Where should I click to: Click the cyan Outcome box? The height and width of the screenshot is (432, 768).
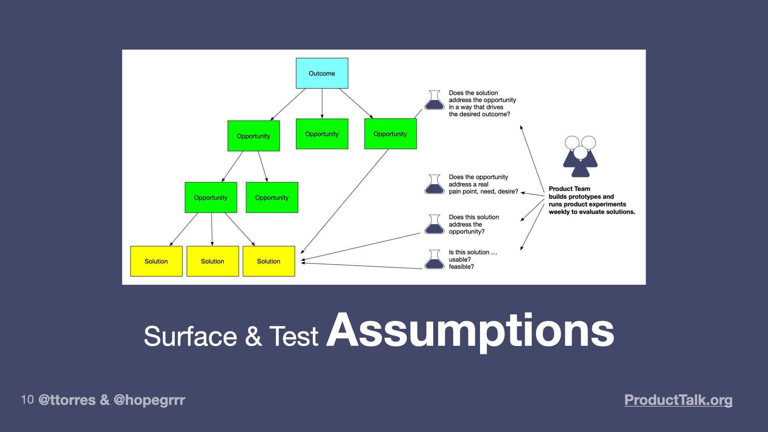322,73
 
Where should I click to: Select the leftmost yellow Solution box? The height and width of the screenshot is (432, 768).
156,261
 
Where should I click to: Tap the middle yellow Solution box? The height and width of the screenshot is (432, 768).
212,261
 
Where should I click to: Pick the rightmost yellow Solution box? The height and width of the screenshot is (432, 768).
268,261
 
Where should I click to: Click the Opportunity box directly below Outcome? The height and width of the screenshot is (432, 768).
322,134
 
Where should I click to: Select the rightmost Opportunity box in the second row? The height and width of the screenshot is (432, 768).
390,134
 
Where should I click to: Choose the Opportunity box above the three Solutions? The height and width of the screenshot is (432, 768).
210,198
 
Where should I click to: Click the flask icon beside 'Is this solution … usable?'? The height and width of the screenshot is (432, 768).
434,260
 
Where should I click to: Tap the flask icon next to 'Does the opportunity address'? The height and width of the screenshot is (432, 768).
434,184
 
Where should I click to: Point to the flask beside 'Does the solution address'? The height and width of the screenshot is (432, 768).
434,100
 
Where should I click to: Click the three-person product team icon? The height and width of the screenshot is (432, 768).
580,156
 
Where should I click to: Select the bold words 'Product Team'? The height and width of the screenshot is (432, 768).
569,189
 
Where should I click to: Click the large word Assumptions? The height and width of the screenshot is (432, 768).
470,331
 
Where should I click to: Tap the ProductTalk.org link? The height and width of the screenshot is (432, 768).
678,400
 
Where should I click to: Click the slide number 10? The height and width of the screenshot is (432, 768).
27,400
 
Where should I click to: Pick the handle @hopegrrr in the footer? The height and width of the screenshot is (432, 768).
149,400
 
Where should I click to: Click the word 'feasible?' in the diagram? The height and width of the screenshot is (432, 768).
461,267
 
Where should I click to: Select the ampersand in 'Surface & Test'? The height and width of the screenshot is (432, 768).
253,336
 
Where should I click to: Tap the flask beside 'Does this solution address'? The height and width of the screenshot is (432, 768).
434,224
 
